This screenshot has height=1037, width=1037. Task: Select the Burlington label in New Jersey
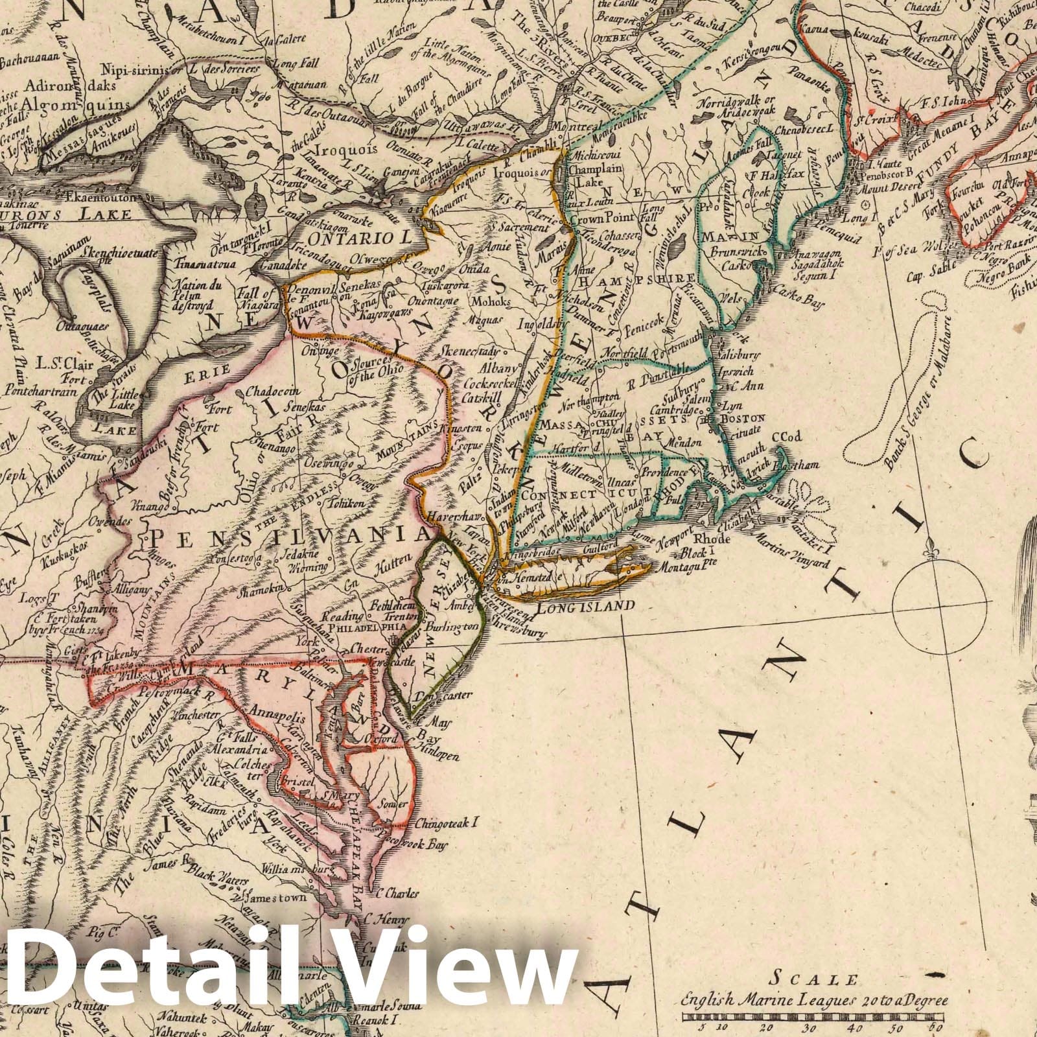click(x=458, y=627)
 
